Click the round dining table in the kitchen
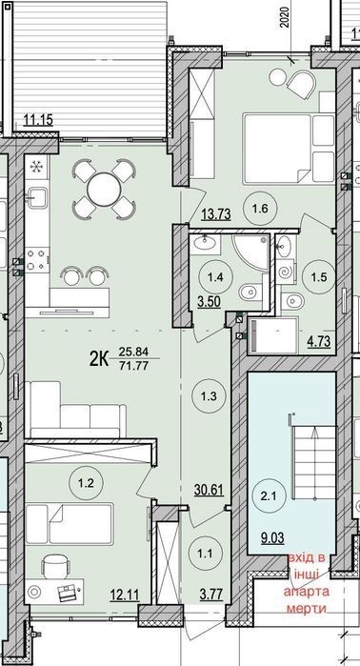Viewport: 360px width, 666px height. coord(102,189)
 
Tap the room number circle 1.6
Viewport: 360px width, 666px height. coord(260,209)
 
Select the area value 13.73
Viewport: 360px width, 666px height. coord(215,214)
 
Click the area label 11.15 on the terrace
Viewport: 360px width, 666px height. coord(38,121)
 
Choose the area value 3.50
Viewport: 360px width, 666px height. coord(210,303)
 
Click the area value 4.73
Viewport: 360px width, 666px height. coord(319,341)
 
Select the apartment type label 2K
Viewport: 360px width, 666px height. coord(98,360)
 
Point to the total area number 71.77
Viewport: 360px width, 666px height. coord(133,365)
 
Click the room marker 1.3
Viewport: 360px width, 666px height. coord(210,396)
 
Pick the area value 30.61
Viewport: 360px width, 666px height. coord(209,490)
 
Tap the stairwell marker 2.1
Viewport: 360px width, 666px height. coord(269,495)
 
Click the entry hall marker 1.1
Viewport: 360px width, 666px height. coord(207,554)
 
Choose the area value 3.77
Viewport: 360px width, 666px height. coord(211,595)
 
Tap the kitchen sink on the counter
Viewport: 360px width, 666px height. coord(35,196)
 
